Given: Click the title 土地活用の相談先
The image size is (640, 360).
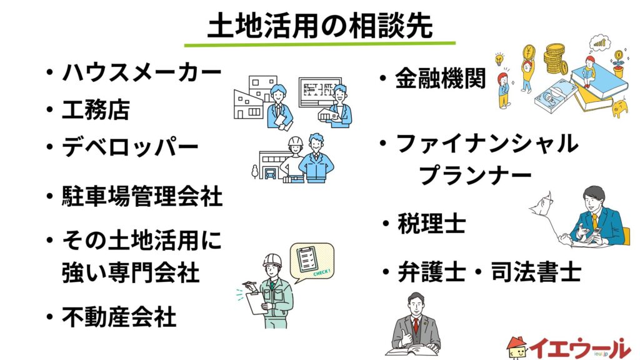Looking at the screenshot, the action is pos(319,26).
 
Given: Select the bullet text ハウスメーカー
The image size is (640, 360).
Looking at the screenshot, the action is pos(142,72).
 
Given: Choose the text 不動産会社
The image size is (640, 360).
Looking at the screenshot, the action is pos(119,317).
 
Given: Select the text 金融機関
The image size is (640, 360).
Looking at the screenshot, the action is pos(441,78).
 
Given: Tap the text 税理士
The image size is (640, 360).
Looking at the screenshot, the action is pos(432,223).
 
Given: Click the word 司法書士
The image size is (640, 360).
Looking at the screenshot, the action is pos(536,272).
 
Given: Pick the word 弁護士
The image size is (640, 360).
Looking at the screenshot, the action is pos(432,272).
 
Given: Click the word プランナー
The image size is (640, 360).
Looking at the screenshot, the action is pos(476,176).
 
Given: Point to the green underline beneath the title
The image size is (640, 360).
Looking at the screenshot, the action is pos(319,43).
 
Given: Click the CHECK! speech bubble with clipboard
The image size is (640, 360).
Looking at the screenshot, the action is pos(312,262).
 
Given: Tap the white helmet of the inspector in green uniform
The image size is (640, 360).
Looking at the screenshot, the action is pos(272,260).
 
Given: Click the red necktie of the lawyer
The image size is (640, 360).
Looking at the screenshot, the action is pos(416,325).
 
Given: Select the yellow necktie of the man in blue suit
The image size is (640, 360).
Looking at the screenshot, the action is pos(595,222).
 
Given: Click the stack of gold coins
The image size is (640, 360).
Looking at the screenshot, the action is pos(556,57).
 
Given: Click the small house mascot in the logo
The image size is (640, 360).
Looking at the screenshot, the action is pos(517,348).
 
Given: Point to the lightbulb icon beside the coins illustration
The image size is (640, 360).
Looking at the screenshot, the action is pos(499,59).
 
